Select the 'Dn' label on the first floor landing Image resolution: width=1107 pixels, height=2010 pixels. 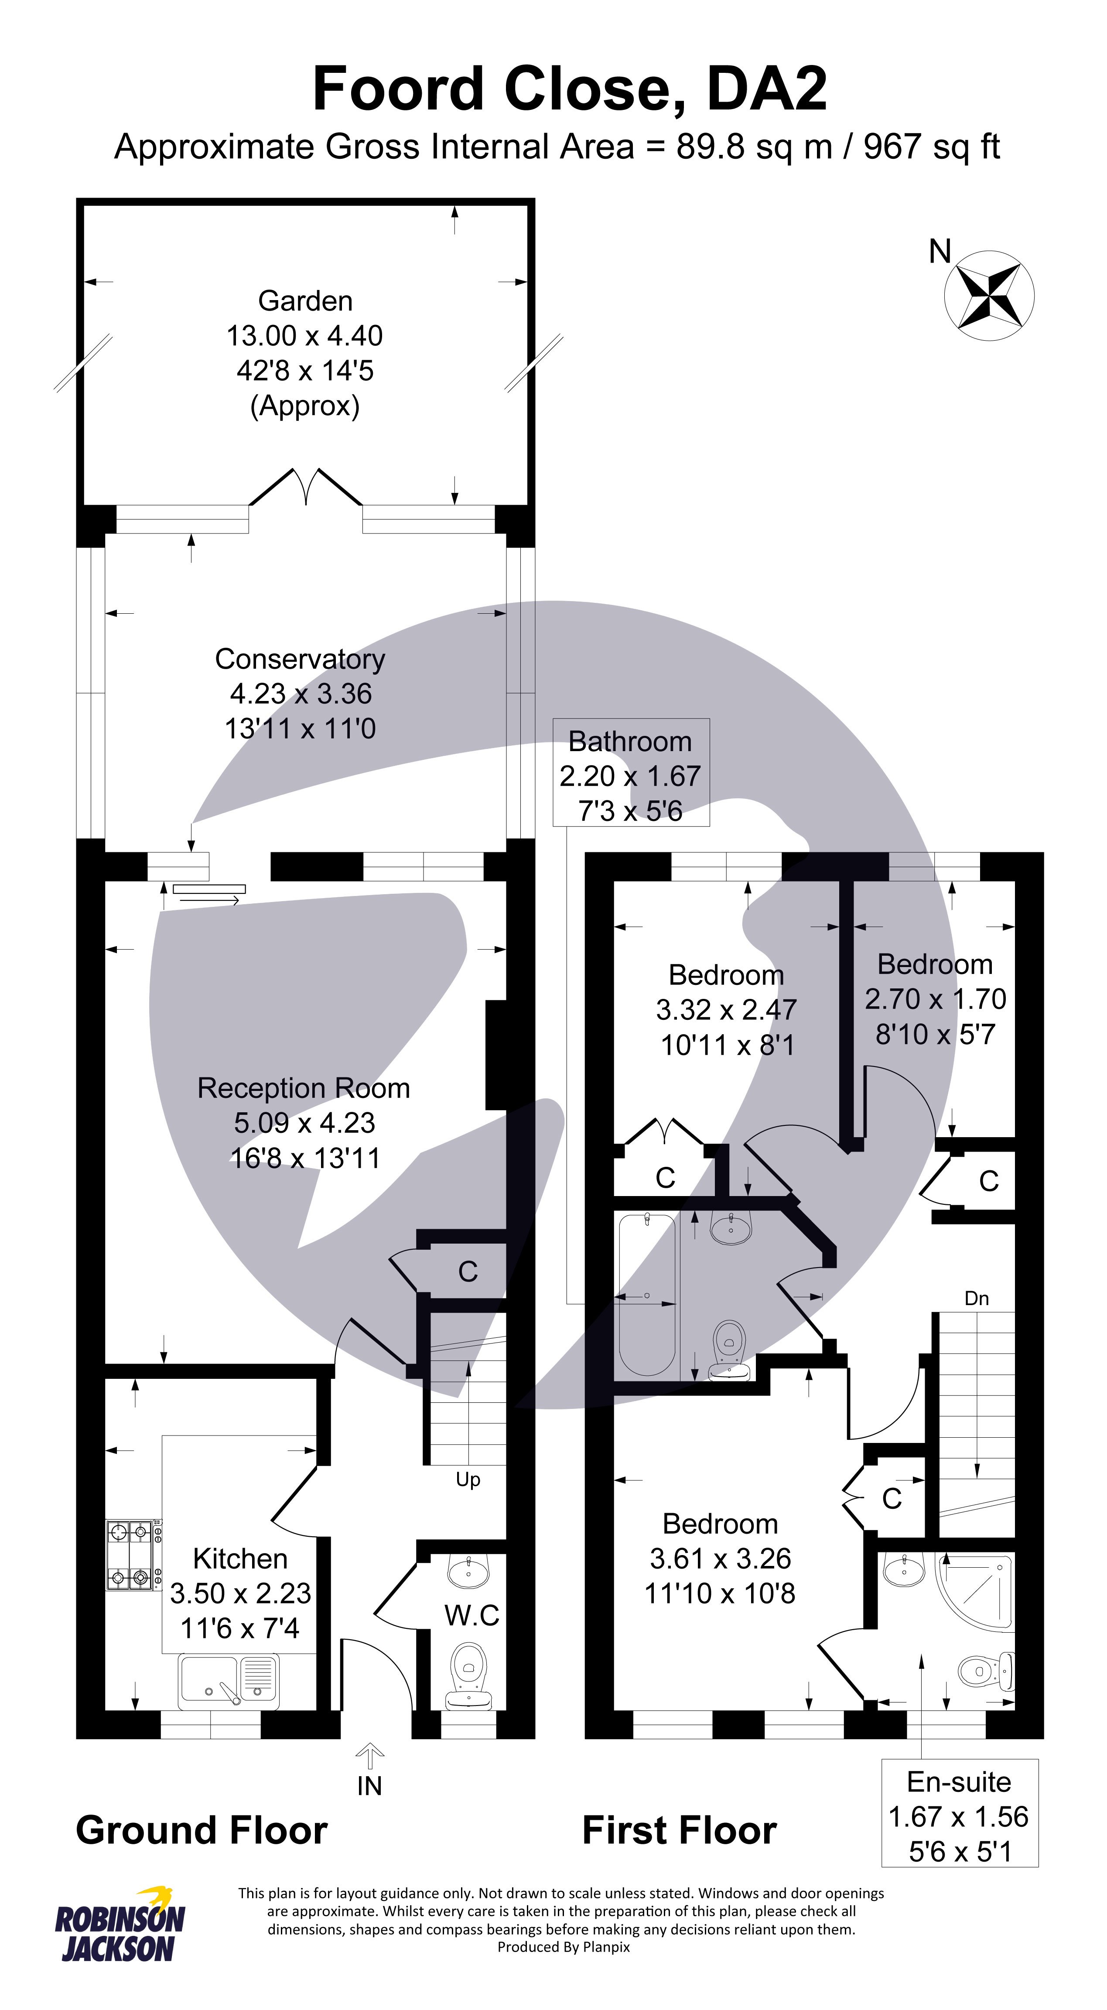[x=977, y=1298]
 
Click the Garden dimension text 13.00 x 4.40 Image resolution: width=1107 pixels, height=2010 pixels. [x=304, y=335]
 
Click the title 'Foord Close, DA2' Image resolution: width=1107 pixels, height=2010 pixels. [x=570, y=88]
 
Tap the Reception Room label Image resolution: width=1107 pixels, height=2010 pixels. [x=304, y=1088]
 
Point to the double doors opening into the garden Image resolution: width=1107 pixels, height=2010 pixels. [x=306, y=488]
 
